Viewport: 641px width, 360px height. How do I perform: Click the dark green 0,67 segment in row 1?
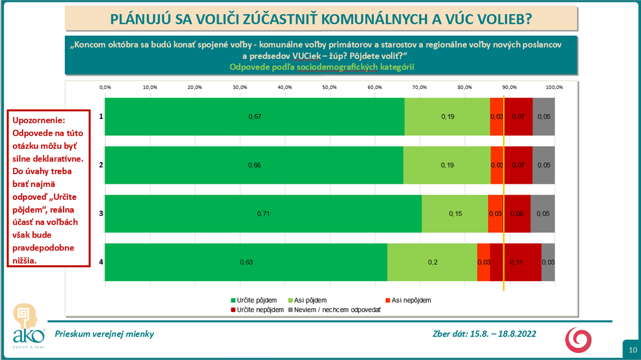pos(254,117)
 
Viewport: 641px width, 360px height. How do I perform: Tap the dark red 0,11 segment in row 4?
pos(516,262)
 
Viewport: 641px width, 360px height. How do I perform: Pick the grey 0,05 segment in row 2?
pos(544,165)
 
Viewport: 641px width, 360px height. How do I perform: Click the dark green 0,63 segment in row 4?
pos(246,262)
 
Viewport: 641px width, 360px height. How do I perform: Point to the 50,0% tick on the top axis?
pos(329,87)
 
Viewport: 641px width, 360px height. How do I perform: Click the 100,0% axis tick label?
pos(554,87)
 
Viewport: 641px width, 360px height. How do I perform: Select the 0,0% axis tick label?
pos(106,87)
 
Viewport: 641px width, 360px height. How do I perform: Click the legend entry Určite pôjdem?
pos(256,300)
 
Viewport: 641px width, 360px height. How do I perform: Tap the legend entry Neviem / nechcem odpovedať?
pos(338,309)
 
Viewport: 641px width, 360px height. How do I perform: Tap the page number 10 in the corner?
pos(632,350)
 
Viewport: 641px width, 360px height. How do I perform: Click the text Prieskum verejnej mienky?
pos(104,334)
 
